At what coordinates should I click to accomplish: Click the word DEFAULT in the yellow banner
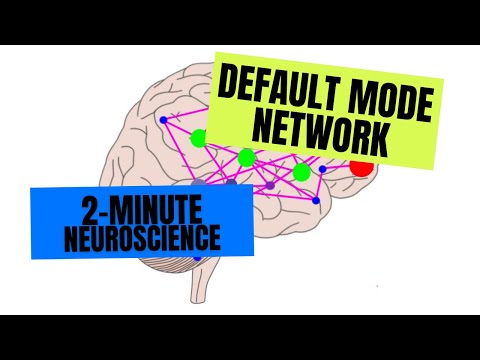[277, 88]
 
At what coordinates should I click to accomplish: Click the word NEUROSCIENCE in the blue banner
[142, 238]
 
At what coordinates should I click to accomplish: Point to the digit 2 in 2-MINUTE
[89, 211]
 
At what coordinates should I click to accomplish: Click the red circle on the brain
[361, 167]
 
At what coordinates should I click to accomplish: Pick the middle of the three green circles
[247, 158]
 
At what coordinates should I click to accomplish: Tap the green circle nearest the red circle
[302, 172]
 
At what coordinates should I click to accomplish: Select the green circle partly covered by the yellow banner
[199, 138]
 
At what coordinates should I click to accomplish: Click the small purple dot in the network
[270, 185]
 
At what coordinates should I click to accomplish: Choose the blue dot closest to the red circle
[322, 169]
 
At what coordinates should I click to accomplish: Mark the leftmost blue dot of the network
[163, 120]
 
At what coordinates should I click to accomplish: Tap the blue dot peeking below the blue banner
[198, 258]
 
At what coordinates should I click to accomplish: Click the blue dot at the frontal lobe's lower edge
[316, 200]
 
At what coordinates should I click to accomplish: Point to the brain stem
[201, 283]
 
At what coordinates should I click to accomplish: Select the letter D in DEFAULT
[228, 80]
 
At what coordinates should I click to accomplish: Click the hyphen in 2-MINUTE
[104, 213]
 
